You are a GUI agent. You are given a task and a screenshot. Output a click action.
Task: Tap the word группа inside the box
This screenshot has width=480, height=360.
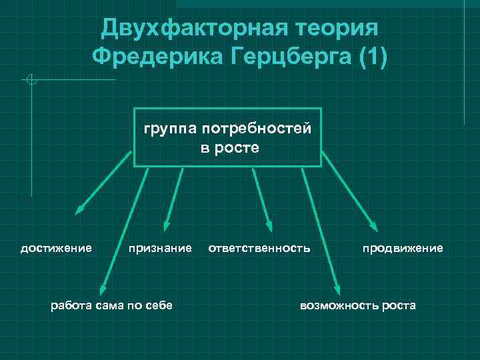click(168, 128)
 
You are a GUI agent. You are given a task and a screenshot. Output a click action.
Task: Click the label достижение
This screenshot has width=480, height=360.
click(56, 249)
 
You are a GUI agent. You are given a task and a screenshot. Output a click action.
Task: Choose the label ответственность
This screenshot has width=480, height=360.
click(259, 249)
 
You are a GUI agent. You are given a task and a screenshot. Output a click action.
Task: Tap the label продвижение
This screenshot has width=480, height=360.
click(402, 249)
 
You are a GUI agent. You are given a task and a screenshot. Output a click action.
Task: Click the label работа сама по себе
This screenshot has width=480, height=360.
click(111, 305)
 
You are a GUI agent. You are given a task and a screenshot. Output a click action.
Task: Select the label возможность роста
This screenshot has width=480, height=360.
click(357, 305)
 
